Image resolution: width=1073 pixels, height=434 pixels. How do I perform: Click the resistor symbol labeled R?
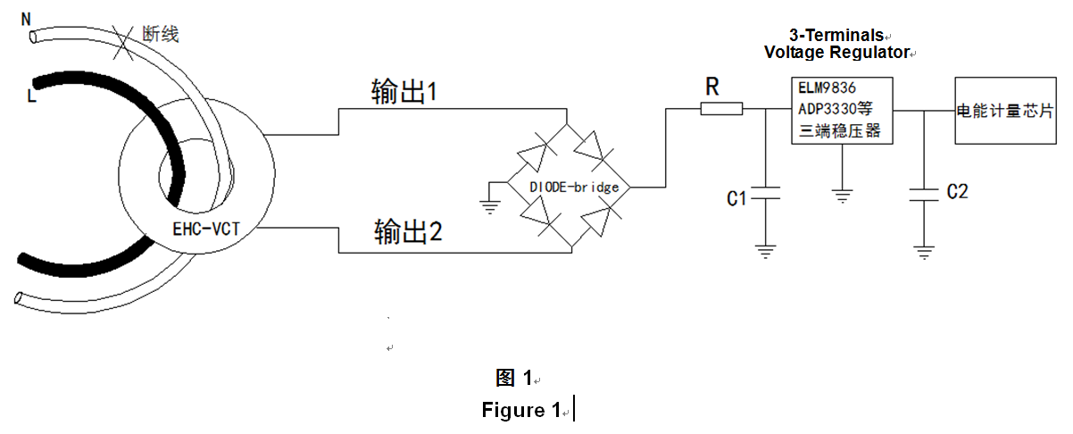pos(721,110)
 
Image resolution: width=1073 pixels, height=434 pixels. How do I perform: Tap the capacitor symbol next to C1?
pos(764,193)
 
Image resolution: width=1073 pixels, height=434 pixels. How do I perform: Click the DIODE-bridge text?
pos(574,187)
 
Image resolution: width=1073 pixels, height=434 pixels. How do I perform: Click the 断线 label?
pos(161,35)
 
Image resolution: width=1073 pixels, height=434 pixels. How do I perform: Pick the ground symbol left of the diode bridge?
pos(490,206)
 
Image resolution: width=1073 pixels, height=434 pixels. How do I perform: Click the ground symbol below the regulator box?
pos(843,194)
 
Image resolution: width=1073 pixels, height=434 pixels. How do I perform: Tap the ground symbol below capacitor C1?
pos(764,251)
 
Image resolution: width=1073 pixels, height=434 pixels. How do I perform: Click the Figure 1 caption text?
pos(520,410)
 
